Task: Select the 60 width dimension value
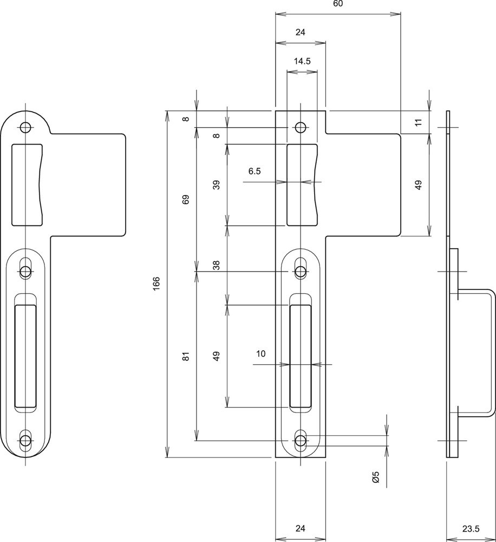[x=337, y=4]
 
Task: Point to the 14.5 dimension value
[x=302, y=61]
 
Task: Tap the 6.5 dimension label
[x=254, y=171]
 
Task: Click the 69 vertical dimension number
[x=186, y=199]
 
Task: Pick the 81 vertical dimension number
[x=186, y=356]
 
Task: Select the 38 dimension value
[x=217, y=265]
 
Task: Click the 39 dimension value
[x=217, y=184]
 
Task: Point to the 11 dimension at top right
[x=417, y=122]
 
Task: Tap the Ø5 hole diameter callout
[x=375, y=478]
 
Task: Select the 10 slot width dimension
[x=260, y=354]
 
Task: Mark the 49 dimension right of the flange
[x=417, y=184]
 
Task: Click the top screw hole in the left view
[x=24, y=127]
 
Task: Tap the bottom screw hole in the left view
[x=25, y=440]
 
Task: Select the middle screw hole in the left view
[x=25, y=270]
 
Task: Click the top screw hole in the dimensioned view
[x=300, y=127]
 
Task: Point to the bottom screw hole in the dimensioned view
[x=300, y=440]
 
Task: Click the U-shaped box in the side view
[x=477, y=352]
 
